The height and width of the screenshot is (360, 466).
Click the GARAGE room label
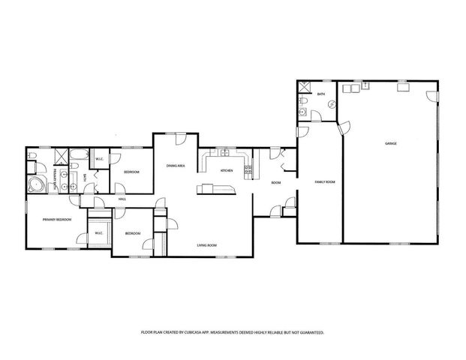[x=391, y=143]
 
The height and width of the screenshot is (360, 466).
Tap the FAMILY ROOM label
[x=324, y=182]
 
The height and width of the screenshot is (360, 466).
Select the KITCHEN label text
[x=227, y=171]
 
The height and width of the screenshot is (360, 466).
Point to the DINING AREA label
[x=176, y=165]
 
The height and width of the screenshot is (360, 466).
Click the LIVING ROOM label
[x=207, y=245]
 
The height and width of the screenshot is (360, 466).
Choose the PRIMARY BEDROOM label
[x=57, y=219]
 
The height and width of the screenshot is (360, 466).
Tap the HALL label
[x=122, y=199]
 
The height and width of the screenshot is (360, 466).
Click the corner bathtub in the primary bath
[x=35, y=185]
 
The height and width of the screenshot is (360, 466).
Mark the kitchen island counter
[x=216, y=189]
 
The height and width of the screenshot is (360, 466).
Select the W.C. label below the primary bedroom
[x=99, y=234]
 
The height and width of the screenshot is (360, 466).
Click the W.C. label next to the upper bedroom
[x=99, y=158]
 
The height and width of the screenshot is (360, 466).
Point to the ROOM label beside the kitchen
[x=275, y=182]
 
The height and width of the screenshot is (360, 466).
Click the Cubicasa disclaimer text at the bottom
[x=233, y=331]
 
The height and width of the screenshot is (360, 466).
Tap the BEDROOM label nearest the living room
[x=132, y=234]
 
